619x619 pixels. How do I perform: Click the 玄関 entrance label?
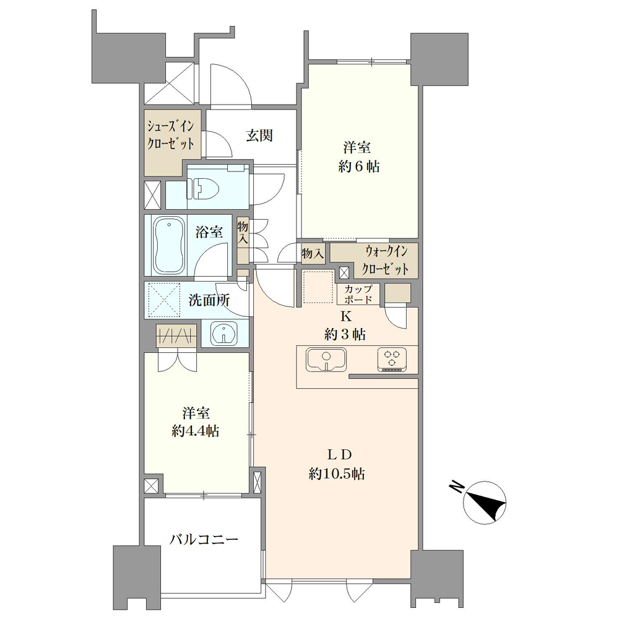click(x=259, y=136)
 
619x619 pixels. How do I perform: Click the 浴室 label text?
click(x=209, y=232)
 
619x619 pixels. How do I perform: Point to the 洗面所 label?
click(x=209, y=300)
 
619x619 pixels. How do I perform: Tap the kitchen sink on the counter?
click(x=326, y=359)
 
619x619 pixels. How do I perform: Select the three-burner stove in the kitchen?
click(x=392, y=359)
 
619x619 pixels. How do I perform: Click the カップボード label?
click(x=358, y=295)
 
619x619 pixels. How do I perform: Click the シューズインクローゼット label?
click(x=171, y=135)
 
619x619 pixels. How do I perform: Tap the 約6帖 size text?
click(x=358, y=167)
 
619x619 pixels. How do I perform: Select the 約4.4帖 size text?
click(x=196, y=431)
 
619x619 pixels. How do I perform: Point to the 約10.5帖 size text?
click(x=336, y=474)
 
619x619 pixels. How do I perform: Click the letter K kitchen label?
click(x=346, y=316)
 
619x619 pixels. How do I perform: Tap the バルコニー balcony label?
click(x=204, y=539)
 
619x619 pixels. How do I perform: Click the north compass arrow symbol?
click(x=485, y=503)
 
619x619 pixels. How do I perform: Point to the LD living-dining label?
click(x=339, y=455)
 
